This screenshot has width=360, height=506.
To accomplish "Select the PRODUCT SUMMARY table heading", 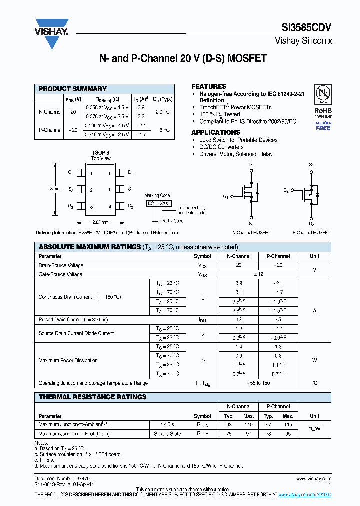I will [73, 89].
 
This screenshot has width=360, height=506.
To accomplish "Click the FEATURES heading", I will [208, 86].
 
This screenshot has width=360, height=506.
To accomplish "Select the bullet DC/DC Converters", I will [221, 147].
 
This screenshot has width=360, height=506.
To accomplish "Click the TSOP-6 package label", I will [100, 153].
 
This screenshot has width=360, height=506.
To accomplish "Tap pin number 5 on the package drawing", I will [110, 190].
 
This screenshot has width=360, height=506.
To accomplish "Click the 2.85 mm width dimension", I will [100, 222].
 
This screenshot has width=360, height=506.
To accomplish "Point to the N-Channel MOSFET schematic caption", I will [251, 233].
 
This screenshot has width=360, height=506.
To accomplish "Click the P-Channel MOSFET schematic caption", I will [311, 233].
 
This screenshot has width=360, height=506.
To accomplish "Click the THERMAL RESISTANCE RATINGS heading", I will [92, 397].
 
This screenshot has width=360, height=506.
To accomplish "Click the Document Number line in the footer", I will [54, 479].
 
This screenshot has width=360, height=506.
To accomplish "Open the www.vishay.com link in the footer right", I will [317, 479].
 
